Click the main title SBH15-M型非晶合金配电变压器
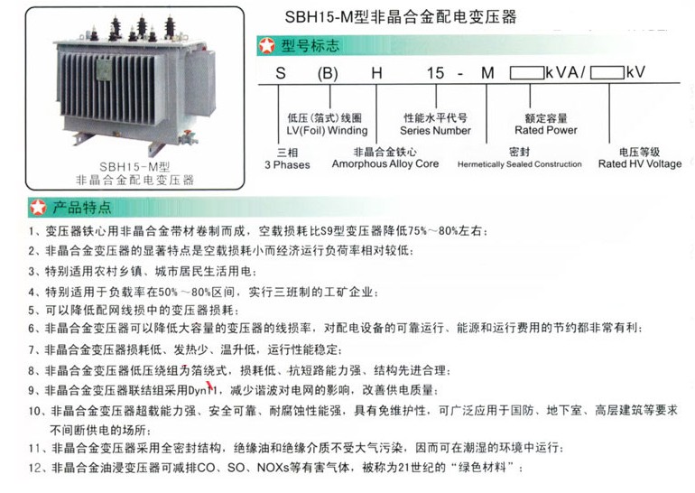[x=400, y=17]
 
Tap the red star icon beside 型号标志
[x=267, y=46]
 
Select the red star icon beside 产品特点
[x=38, y=207]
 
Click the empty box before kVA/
[x=526, y=73]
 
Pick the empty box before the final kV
[x=607, y=73]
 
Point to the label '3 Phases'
[x=287, y=165]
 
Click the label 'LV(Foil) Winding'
[x=327, y=130]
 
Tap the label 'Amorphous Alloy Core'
[x=385, y=163]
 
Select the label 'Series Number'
[x=435, y=130]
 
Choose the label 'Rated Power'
[x=546, y=130]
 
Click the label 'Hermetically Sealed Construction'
[x=520, y=164]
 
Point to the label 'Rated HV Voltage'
[x=640, y=163]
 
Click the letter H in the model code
[x=376, y=73]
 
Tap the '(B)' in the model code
[x=328, y=74]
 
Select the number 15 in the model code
[x=435, y=73]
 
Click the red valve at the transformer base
[x=189, y=134]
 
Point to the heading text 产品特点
[x=82, y=207]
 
